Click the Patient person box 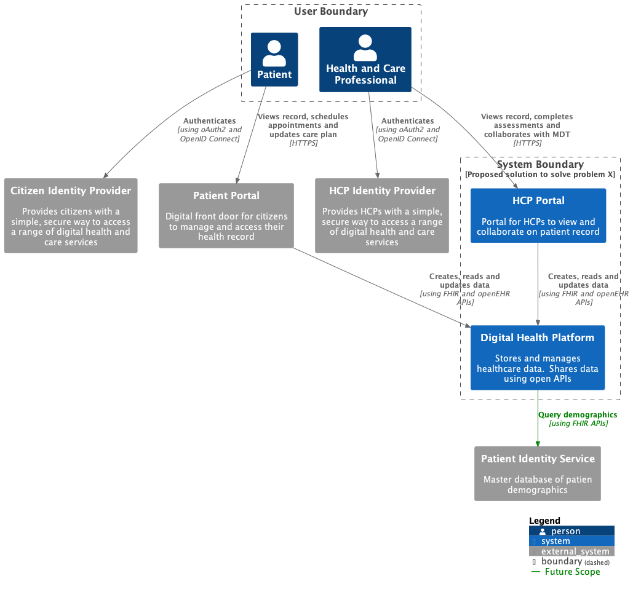coord(274,60)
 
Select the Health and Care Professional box coord(365,60)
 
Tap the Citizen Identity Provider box coord(71,216)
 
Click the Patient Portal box coord(226,216)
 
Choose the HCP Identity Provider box coord(382,216)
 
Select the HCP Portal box coord(538,216)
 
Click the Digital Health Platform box coord(538,357)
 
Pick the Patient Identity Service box coord(538,473)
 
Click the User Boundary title coord(331,11)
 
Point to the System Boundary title coord(540,164)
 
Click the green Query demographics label coord(578,415)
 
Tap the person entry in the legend coord(565,531)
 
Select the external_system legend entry coord(575,551)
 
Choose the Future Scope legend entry coord(572,572)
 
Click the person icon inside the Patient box coord(274,53)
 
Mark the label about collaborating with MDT coord(528,130)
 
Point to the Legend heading coord(544,521)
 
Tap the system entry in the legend coord(555,541)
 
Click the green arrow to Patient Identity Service coord(538,430)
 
